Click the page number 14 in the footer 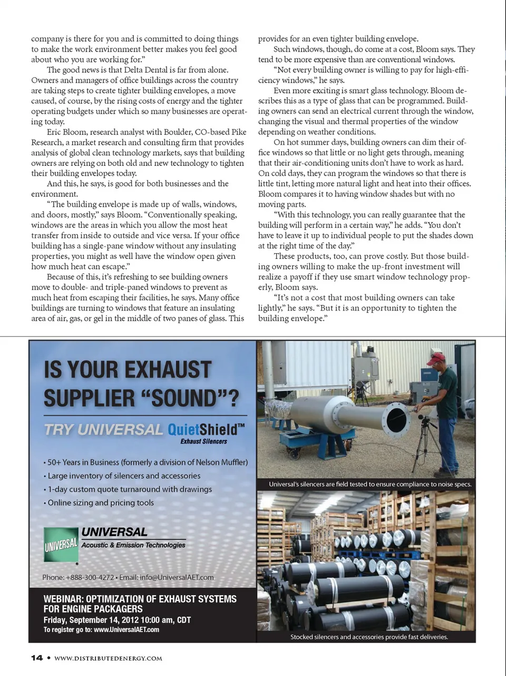tap(37, 658)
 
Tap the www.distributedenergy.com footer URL tap(108, 658)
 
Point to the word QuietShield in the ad tap(202, 430)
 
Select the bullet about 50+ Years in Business tap(145, 462)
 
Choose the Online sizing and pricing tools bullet tap(101, 503)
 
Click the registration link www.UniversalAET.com tap(126, 630)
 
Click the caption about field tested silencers tap(370, 484)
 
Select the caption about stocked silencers tap(369, 637)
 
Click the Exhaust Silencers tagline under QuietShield tap(203, 441)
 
